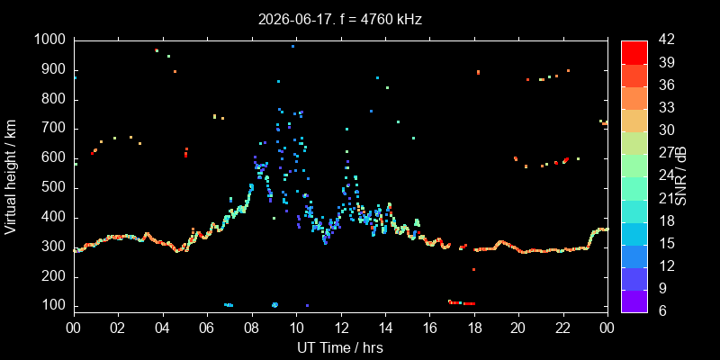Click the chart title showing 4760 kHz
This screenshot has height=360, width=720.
[x=340, y=19]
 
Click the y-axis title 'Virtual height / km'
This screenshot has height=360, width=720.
[x=11, y=176]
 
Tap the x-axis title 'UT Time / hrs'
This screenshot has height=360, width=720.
[x=340, y=347]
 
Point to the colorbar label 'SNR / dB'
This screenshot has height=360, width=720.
[x=680, y=176]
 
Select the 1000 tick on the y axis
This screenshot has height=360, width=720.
[x=52, y=40]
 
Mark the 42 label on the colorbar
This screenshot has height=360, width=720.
[x=665, y=40]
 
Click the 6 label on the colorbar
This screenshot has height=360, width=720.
[x=661, y=310]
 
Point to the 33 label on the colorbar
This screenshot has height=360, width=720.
[x=665, y=108]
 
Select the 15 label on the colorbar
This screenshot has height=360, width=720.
[x=665, y=243]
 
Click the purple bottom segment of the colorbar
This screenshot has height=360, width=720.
[x=634, y=301]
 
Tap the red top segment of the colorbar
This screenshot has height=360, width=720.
[x=634, y=52]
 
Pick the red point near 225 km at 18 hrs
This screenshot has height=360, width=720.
[x=474, y=269]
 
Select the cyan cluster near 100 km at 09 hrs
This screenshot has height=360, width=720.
[x=275, y=305]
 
